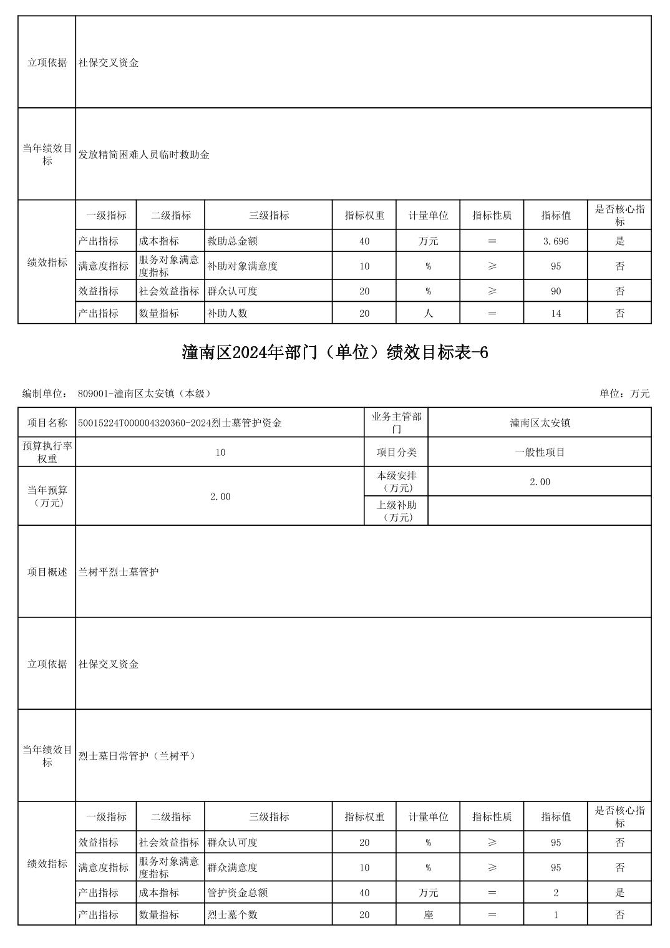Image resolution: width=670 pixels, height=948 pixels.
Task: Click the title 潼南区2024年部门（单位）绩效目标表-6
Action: tap(334, 353)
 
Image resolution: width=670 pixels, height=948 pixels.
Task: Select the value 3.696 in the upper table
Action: tap(555, 241)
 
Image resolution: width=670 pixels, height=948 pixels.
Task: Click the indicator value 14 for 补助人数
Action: tap(555, 313)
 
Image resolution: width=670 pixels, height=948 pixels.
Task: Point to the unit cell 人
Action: tap(428, 313)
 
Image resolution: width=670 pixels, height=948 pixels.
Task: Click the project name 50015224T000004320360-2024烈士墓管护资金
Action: tap(180, 423)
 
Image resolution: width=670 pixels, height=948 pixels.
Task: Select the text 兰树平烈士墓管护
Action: tap(119, 572)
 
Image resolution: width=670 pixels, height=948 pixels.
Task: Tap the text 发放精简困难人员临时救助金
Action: tap(144, 155)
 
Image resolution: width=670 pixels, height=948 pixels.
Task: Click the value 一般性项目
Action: tap(540, 452)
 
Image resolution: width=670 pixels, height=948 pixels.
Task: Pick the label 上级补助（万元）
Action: tap(396, 511)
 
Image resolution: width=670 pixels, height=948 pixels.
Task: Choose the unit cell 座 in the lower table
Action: tap(428, 915)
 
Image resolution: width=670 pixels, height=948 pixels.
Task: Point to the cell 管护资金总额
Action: tap(237, 892)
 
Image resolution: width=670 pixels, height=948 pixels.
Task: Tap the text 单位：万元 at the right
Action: tap(624, 394)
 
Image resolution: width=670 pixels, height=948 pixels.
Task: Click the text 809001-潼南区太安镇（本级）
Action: tap(145, 394)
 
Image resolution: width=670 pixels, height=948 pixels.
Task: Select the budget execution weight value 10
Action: tap(220, 452)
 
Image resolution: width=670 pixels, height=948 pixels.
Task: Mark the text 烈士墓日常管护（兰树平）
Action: tap(138, 756)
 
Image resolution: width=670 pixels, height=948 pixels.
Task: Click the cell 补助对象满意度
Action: tap(242, 266)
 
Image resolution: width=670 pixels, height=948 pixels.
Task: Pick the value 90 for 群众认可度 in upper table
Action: tap(555, 291)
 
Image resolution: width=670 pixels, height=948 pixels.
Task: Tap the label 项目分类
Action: tap(396, 452)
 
